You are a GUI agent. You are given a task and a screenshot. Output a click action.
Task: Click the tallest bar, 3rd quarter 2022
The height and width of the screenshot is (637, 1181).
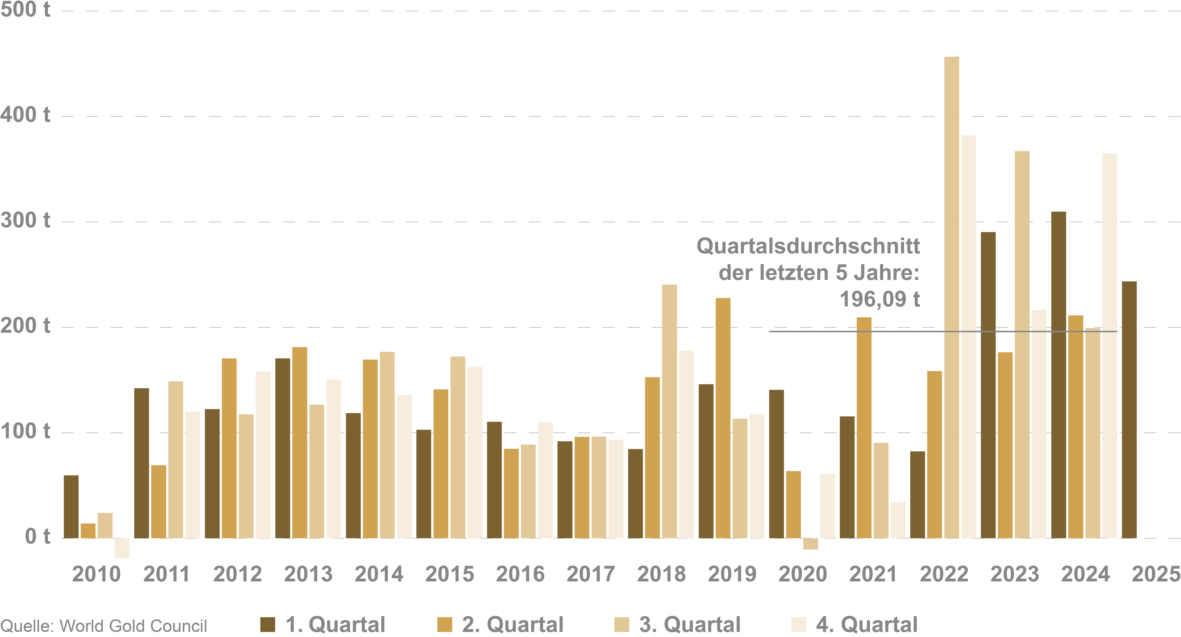click(x=951, y=297)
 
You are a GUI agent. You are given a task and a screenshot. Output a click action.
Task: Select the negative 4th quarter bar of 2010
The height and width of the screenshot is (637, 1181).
click(x=122, y=548)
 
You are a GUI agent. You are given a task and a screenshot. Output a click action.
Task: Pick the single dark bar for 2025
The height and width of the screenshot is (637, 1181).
click(x=1129, y=410)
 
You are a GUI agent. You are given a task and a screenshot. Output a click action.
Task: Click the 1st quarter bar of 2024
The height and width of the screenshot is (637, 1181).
click(x=1059, y=375)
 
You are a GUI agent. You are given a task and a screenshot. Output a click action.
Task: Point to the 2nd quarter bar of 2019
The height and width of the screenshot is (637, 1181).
click(x=723, y=418)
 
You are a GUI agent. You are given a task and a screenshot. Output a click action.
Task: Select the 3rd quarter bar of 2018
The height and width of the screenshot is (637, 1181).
click(x=669, y=412)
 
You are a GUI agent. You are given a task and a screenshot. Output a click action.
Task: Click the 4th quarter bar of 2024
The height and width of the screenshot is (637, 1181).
click(x=1110, y=345)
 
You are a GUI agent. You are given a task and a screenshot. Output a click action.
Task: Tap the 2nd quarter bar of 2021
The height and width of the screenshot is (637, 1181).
click(x=864, y=428)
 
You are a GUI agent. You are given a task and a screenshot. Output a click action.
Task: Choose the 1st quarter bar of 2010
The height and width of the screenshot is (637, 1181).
click(x=71, y=507)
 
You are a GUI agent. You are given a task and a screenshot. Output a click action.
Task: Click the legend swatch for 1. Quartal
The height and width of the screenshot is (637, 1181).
click(x=268, y=624)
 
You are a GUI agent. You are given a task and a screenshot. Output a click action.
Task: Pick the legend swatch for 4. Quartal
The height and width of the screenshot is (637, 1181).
click(x=799, y=624)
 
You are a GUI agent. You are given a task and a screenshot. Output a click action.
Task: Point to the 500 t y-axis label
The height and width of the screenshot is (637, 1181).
click(x=25, y=10)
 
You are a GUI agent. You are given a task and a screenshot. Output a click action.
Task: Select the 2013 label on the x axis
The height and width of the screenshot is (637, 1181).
click(x=308, y=574)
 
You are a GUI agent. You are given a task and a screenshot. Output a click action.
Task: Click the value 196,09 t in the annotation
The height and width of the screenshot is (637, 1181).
click(x=880, y=299)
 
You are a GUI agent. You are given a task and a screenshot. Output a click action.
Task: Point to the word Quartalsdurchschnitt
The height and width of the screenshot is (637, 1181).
click(x=808, y=246)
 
